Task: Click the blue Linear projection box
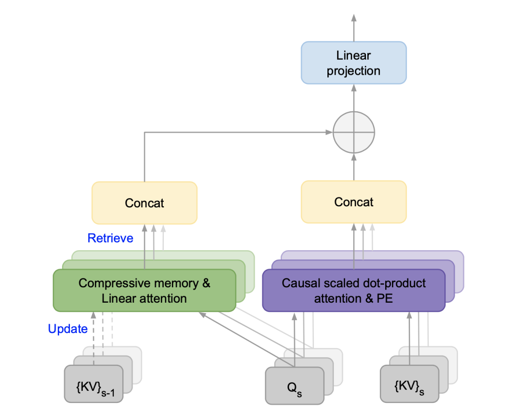(x=353, y=63)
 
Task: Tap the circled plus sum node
(x=353, y=132)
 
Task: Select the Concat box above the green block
(x=144, y=203)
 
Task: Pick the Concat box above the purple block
(x=353, y=202)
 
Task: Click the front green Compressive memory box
(x=144, y=291)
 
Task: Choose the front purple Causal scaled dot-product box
(x=353, y=291)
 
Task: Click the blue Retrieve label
(x=110, y=238)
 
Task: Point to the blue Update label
(x=68, y=329)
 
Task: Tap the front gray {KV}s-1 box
(x=93, y=384)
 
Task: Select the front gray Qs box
(x=294, y=386)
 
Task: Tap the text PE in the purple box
(x=386, y=299)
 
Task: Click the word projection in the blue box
(x=353, y=71)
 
